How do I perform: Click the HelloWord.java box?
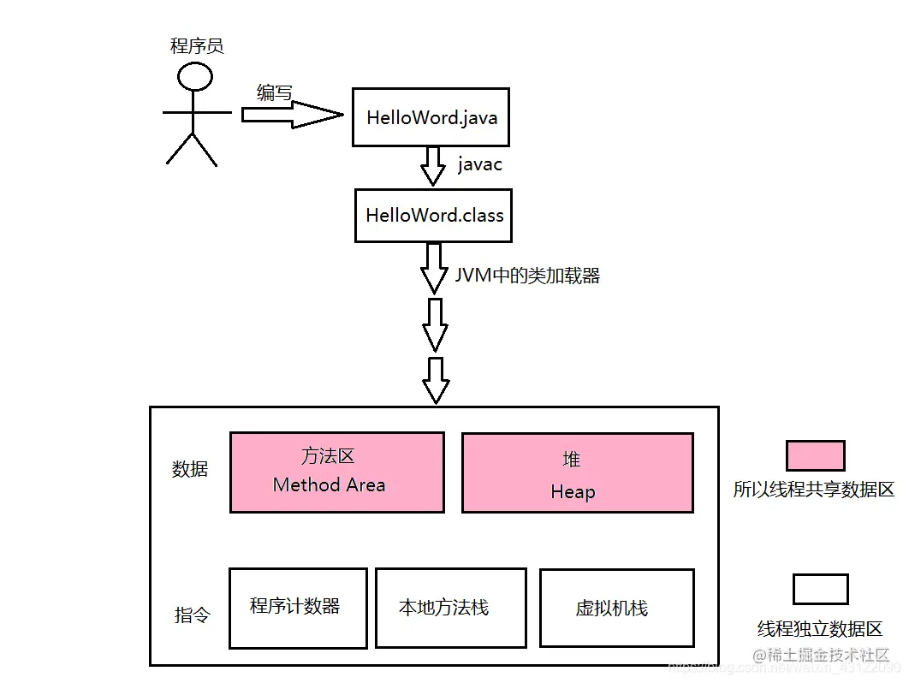pyautogui.click(x=431, y=117)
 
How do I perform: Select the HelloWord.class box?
pyautogui.click(x=433, y=215)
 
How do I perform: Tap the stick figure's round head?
pyautogui.click(x=195, y=77)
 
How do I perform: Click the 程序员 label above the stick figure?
pyautogui.click(x=197, y=45)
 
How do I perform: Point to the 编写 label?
pyautogui.click(x=274, y=92)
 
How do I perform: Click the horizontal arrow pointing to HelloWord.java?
pyautogui.click(x=291, y=115)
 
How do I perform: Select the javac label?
pyautogui.click(x=479, y=164)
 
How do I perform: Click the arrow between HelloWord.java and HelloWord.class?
pyautogui.click(x=433, y=166)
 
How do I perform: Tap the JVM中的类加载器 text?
pyautogui.click(x=526, y=276)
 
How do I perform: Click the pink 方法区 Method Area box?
pyautogui.click(x=336, y=472)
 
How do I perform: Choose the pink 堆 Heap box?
pyautogui.click(x=577, y=472)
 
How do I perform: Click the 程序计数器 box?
pyautogui.click(x=298, y=608)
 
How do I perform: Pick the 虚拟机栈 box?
pyautogui.click(x=616, y=608)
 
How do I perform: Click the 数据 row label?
pyautogui.click(x=190, y=469)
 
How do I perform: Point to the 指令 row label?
pyautogui.click(x=192, y=615)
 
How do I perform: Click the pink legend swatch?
pyautogui.click(x=815, y=455)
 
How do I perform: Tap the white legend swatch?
pyautogui.click(x=820, y=589)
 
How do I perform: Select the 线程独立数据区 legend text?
pyautogui.click(x=819, y=629)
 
